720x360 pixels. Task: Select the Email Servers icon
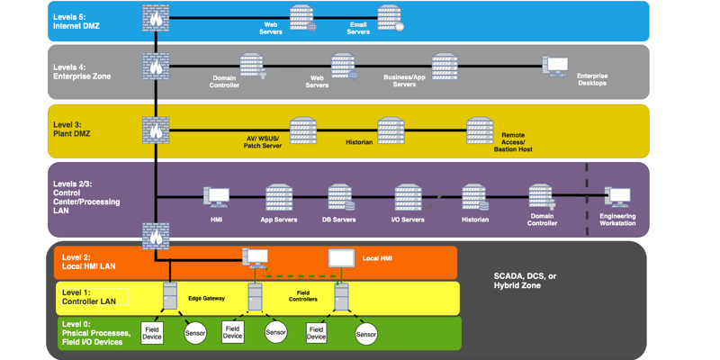tap(389, 17)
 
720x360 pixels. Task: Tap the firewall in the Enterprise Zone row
tap(156, 67)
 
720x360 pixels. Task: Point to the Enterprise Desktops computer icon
tap(556, 67)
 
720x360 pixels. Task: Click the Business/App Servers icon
tap(445, 66)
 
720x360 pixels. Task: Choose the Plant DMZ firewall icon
tap(156, 130)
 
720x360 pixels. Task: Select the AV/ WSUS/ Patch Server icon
tap(302, 130)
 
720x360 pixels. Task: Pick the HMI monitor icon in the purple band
tap(217, 197)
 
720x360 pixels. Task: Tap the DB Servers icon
tap(340, 197)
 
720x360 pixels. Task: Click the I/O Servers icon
tap(408, 197)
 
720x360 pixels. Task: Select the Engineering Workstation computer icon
tap(617, 197)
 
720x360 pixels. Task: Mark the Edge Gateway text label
tap(206, 298)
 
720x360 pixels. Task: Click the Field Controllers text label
tap(302, 295)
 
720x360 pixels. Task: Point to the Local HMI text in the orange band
tap(377, 258)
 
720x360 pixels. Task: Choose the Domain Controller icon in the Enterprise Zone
tap(251, 66)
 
